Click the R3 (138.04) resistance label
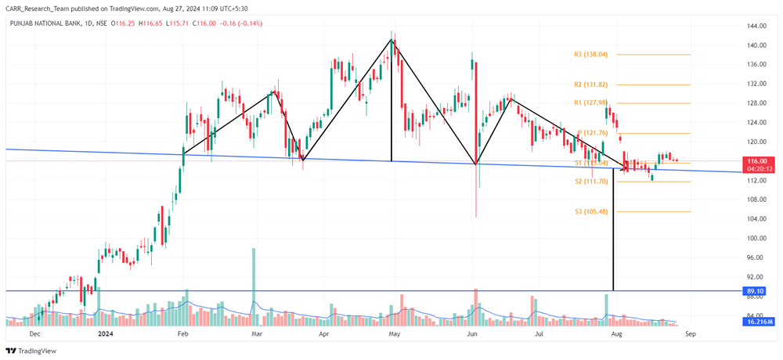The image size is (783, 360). pos(591,55)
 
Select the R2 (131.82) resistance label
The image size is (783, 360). pos(591,85)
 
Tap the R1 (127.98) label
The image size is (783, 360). pos(591,103)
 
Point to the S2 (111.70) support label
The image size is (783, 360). pos(591,181)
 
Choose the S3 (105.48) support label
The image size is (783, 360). pos(591,211)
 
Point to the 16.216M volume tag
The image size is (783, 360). pos(756,322)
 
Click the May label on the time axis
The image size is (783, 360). pos(395,333)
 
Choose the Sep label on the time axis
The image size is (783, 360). pos(689,333)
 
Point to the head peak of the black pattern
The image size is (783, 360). pos(391,39)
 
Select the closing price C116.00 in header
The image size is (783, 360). pos(204,23)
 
